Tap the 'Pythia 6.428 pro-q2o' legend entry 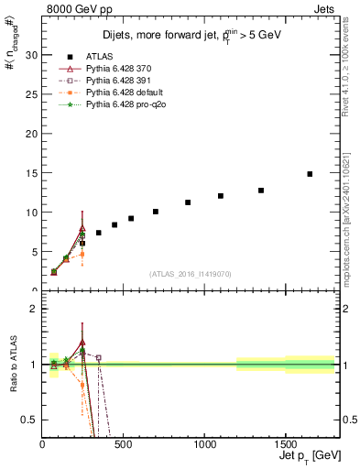(x=123, y=104)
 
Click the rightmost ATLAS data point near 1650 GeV (x=310, y=174)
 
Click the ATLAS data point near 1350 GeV (x=261, y=191)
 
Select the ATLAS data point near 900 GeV (x=188, y=202)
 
